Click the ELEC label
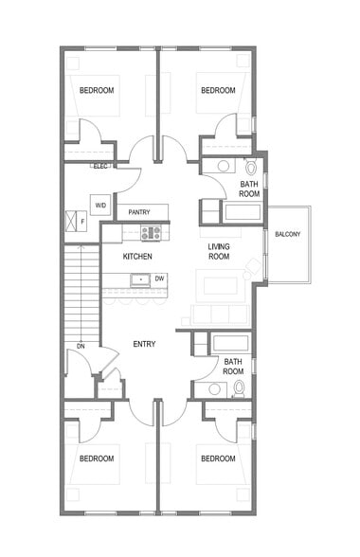[100, 166]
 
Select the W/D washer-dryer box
[100, 204]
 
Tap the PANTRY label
[140, 212]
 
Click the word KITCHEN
[137, 257]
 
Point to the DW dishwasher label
[159, 278]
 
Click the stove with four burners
[151, 232]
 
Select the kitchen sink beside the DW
[139, 278]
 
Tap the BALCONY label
[288, 234]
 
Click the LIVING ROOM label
[220, 252]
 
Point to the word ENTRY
[145, 344]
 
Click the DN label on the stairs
[81, 346]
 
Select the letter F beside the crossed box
[82, 222]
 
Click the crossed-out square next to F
[69, 222]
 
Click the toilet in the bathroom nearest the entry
[239, 387]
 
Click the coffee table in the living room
[219, 285]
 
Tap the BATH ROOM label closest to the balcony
[249, 189]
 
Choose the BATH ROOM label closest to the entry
[233, 366]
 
